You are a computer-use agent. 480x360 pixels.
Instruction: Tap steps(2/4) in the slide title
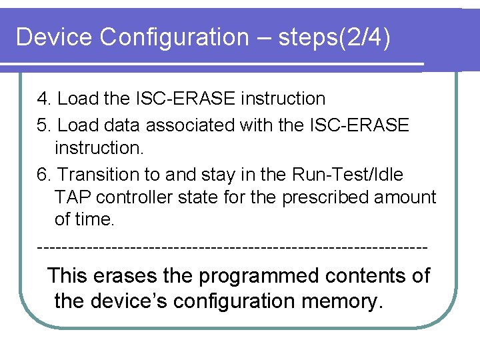pyautogui.click(x=334, y=37)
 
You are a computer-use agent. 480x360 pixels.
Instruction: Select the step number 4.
pyautogui.click(x=43, y=99)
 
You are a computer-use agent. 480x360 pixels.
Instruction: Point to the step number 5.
pyautogui.click(x=43, y=125)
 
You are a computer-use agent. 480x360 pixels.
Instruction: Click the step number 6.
pyautogui.click(x=43, y=175)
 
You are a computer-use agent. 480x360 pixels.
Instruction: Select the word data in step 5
pyautogui.click(x=123, y=125)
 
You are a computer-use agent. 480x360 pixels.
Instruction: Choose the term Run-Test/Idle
pyautogui.click(x=347, y=175)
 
